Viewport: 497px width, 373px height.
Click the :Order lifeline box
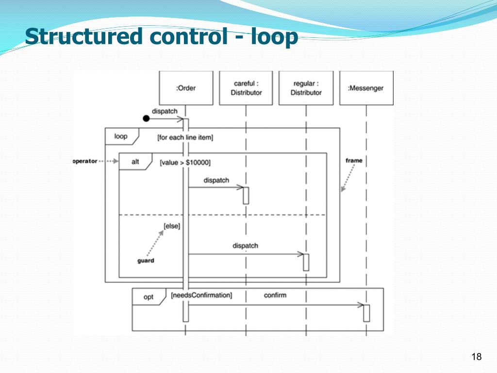[x=186, y=88]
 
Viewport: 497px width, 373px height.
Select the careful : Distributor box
[x=246, y=88]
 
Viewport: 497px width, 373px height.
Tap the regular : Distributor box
[x=306, y=88]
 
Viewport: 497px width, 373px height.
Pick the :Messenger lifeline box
[x=366, y=88]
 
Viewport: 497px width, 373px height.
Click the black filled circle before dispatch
[x=146, y=119]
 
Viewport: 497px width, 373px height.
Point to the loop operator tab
[x=121, y=136]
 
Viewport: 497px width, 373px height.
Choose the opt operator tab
[x=149, y=297]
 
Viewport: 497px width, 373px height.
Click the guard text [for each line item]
[x=185, y=138]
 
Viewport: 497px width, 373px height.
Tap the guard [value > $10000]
[x=185, y=163]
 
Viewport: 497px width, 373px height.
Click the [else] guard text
[x=172, y=226]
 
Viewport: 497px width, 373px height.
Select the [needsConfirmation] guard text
[x=201, y=295]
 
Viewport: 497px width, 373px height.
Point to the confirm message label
[x=275, y=295]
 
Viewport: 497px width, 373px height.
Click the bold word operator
[x=85, y=161]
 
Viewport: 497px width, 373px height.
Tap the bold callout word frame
[x=354, y=160]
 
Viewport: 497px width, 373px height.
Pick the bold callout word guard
[x=146, y=261]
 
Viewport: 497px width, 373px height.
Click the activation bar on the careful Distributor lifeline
[x=246, y=195]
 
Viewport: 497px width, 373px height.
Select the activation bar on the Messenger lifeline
[x=366, y=313]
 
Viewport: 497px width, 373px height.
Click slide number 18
[x=476, y=357]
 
